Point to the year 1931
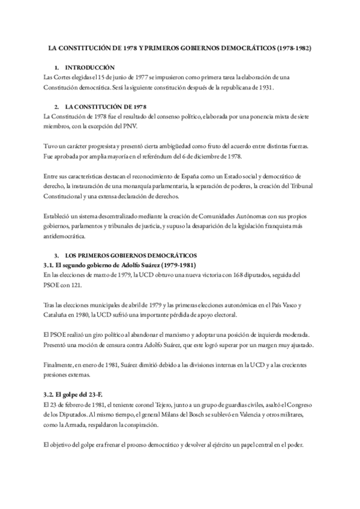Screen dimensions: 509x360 coord(262,87)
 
